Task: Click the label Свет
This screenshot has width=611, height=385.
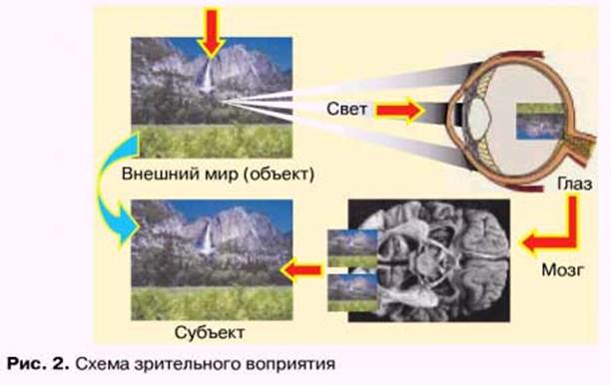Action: (x=346, y=110)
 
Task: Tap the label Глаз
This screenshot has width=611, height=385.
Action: (x=575, y=184)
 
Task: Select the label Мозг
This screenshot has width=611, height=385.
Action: (x=563, y=269)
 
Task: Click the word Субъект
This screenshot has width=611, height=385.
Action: (x=210, y=333)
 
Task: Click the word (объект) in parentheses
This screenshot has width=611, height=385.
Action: (x=279, y=174)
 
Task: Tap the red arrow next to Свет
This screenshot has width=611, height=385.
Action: (x=399, y=110)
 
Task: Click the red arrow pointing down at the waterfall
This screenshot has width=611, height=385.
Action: (x=212, y=33)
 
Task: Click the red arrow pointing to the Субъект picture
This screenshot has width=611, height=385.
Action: (x=302, y=270)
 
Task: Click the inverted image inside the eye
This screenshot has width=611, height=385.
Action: (x=540, y=121)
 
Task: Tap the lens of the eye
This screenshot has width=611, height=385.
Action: (x=478, y=116)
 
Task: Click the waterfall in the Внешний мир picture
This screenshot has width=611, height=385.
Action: (x=206, y=77)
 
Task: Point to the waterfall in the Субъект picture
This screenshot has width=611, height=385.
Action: (x=206, y=238)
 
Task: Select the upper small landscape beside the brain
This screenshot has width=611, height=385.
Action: (x=352, y=248)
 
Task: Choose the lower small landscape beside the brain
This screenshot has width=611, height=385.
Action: (x=352, y=293)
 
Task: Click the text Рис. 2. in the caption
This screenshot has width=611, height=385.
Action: (x=38, y=364)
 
